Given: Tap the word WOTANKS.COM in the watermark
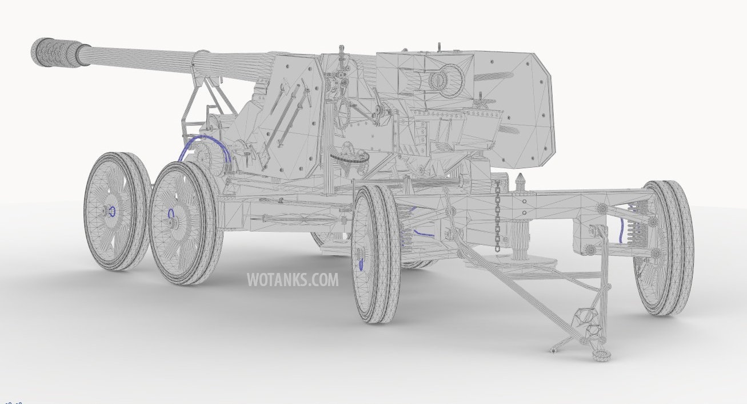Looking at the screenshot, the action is click(293, 280).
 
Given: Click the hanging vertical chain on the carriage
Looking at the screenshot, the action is click(497, 211).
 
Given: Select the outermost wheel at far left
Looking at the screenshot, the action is click(117, 211).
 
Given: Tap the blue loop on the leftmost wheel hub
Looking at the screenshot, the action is click(113, 211).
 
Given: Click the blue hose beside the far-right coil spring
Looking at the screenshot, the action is click(621, 230).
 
